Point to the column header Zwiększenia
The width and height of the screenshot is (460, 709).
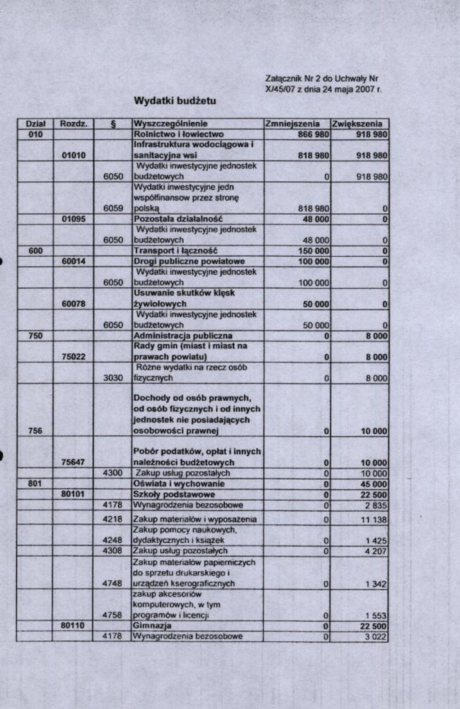click(358, 124)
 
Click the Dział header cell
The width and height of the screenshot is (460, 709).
click(35, 124)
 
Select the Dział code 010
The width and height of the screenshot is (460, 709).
click(35, 134)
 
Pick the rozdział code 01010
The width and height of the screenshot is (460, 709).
click(73, 156)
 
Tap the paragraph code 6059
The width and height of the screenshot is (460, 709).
click(112, 207)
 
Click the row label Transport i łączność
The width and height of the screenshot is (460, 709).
click(175, 250)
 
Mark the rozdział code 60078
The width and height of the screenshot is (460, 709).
click(73, 303)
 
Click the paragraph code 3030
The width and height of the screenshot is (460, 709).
click(112, 379)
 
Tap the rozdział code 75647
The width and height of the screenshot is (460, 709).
click(73, 462)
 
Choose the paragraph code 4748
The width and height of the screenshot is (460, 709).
click(112, 584)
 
